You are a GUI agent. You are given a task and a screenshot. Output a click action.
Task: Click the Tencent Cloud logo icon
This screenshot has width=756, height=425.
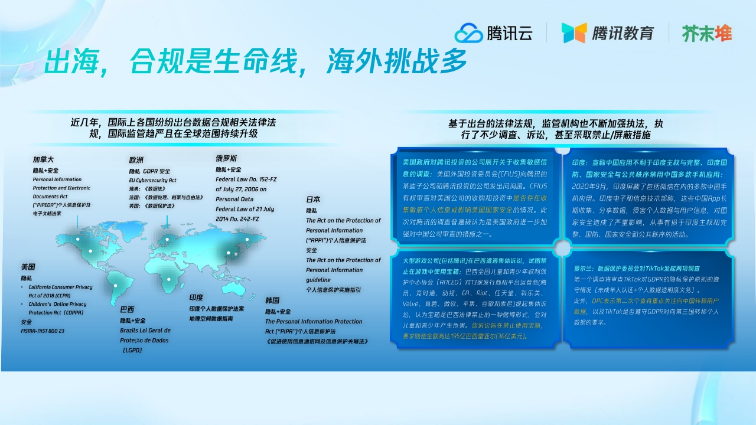click(x=469, y=33)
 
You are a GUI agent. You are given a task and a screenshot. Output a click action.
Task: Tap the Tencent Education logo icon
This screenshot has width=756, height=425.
click(x=573, y=33)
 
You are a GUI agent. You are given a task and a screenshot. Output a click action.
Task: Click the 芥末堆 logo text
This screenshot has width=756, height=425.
click(x=707, y=33)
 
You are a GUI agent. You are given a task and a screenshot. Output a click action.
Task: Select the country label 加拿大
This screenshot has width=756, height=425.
click(x=43, y=159)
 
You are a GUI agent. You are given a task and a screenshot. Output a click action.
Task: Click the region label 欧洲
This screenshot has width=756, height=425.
click(x=136, y=160)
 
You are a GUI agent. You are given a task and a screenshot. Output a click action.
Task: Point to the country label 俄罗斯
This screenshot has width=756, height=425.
click(x=226, y=159)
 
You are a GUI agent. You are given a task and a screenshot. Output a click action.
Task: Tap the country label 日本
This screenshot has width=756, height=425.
click(x=313, y=200)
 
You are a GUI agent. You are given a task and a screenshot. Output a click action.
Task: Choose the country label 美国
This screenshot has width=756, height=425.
click(x=28, y=267)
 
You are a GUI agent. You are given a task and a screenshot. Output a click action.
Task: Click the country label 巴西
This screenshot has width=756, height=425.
click(x=127, y=309)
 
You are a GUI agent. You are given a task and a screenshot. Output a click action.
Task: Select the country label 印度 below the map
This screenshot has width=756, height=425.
click(x=196, y=297)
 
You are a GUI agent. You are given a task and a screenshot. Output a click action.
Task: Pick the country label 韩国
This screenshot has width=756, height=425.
click(x=272, y=300)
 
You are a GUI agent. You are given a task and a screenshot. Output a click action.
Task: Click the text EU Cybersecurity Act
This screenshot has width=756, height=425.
click(x=153, y=180)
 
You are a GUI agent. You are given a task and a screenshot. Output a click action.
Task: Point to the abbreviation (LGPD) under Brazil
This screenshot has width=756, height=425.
click(x=132, y=350)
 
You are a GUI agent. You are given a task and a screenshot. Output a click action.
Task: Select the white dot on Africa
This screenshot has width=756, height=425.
click(x=170, y=279)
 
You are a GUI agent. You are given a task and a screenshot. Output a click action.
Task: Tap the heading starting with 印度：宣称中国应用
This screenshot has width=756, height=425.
click(x=650, y=162)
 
